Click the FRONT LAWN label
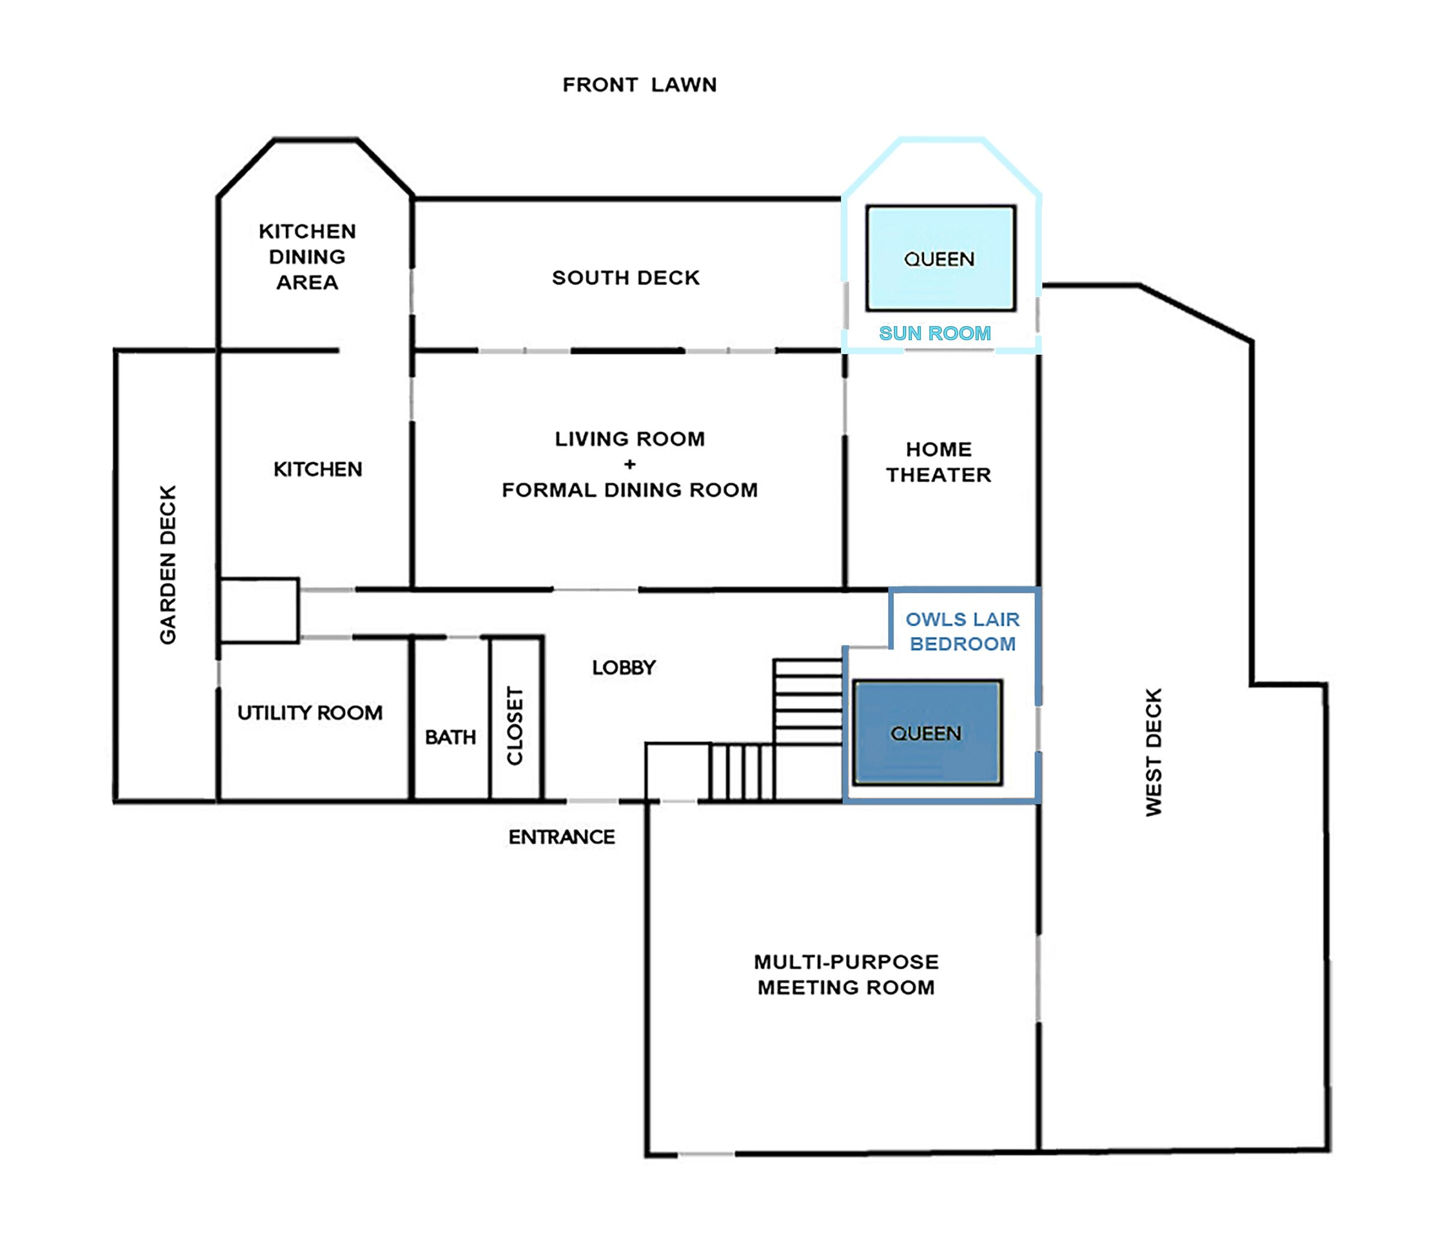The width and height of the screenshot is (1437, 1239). [639, 84]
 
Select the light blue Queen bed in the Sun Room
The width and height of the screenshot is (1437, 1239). [941, 258]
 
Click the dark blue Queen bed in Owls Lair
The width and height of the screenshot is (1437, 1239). [927, 733]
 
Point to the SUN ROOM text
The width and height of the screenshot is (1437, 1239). [935, 333]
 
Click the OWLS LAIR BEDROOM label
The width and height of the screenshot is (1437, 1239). [963, 631]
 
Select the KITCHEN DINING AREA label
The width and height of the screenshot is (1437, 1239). [307, 257]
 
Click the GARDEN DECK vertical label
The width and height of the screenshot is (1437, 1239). [168, 564]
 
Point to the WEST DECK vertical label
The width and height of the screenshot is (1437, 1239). [1153, 752]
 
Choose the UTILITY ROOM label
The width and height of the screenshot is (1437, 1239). [310, 713]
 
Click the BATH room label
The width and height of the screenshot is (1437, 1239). [450, 737]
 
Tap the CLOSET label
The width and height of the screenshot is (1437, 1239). [514, 726]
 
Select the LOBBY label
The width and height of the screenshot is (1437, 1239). [623, 668]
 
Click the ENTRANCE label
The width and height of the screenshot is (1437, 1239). [562, 837]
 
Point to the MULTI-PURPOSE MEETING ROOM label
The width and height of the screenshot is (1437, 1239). [846, 974]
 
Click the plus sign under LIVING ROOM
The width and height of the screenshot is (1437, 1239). [630, 464]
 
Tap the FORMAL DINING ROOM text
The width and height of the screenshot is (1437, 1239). [630, 490]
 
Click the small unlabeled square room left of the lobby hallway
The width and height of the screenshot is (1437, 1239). [259, 610]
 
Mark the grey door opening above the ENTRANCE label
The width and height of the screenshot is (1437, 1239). [593, 801]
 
